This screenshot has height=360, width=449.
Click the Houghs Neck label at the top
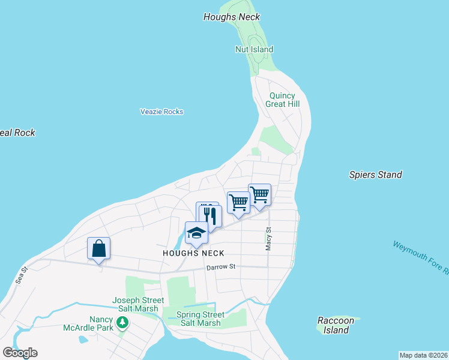(232, 17)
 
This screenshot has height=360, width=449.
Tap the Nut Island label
(254, 49)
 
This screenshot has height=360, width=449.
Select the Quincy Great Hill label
(282, 100)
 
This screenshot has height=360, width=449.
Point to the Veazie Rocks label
(161, 112)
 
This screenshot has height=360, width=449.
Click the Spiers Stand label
(375, 175)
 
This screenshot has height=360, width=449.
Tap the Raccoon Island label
(336, 325)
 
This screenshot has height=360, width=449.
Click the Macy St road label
(269, 238)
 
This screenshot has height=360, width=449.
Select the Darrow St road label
(220, 267)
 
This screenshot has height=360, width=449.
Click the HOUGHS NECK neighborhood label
(193, 254)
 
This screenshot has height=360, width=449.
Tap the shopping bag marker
(99, 248)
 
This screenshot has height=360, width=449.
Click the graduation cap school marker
(196, 233)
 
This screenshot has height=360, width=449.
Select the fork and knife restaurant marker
(211, 215)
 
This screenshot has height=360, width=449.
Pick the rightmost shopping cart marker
(259, 194)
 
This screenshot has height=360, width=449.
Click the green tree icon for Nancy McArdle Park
(122, 323)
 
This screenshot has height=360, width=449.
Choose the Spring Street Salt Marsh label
(200, 319)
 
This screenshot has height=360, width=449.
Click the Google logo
(20, 353)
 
